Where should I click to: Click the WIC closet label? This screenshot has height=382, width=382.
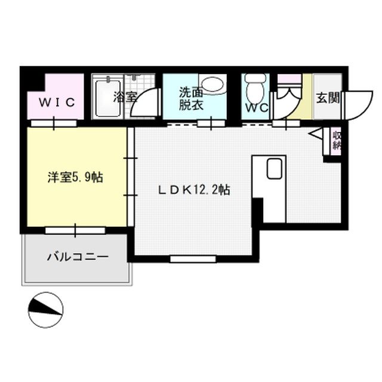(x=57, y=102)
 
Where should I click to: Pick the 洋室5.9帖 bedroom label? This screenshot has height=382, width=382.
(x=75, y=177)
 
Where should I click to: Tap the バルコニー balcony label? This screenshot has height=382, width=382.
(x=78, y=258)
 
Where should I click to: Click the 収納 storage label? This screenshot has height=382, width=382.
(x=335, y=141)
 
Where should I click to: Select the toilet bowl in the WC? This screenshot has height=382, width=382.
(x=255, y=90)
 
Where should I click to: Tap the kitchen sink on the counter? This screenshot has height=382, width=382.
(x=275, y=170)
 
